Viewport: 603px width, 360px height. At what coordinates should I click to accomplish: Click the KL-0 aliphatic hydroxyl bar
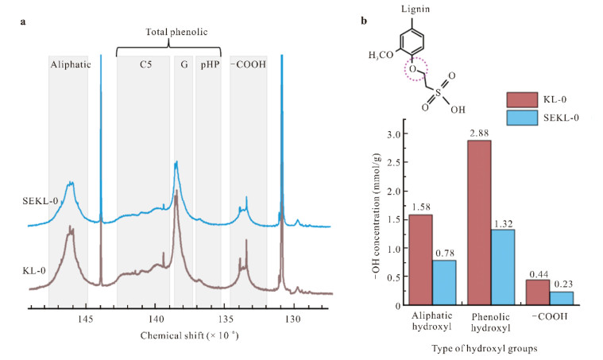tap(419, 260)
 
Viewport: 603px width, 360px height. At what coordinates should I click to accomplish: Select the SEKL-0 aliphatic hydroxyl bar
tap(444, 282)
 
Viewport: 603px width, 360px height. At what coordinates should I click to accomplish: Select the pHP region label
tap(207, 64)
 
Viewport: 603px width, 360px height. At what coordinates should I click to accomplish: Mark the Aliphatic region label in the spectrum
tap(68, 64)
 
